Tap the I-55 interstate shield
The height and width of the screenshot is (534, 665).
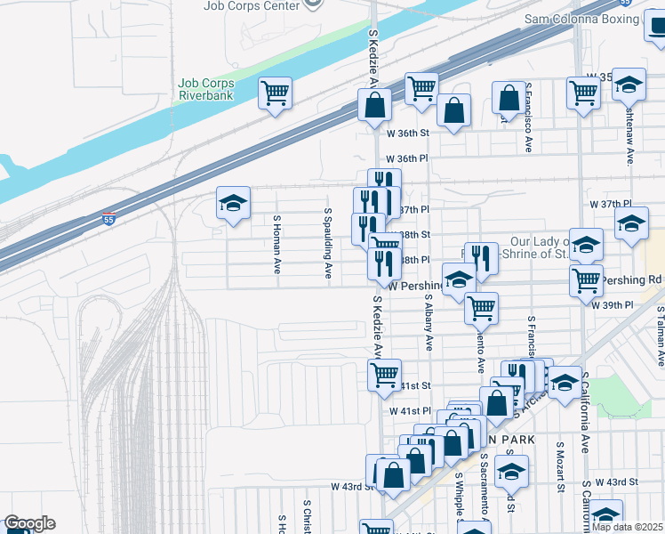click(108, 217)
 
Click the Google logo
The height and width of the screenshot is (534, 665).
click(29, 523)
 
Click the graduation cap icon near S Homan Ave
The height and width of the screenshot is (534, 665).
click(233, 205)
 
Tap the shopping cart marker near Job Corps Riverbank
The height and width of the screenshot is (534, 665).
click(276, 93)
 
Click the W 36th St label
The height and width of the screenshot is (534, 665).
click(408, 133)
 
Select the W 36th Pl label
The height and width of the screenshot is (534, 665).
click(412, 158)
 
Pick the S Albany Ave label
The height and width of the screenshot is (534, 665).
click(429, 321)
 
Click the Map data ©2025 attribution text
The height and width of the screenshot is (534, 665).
click(628, 527)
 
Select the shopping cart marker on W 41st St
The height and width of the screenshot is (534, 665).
click(384, 374)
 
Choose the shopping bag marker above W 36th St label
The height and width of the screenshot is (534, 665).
click(453, 111)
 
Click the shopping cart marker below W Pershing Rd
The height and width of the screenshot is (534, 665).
click(481, 308)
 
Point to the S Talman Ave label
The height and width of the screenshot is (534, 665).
click(661, 337)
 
